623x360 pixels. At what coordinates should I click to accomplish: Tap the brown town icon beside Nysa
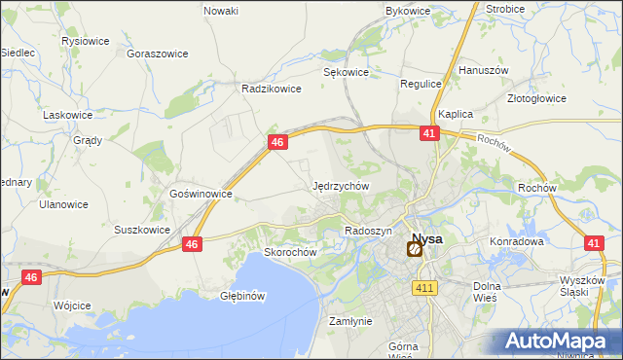[x=414, y=250]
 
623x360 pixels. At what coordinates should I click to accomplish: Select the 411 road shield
[x=424, y=288]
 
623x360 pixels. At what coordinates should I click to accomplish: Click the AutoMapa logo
[x=559, y=342]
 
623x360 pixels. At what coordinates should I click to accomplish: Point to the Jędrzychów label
[x=341, y=185]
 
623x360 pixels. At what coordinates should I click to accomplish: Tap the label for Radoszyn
[x=368, y=231]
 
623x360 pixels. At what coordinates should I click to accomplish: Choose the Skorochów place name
[x=291, y=251]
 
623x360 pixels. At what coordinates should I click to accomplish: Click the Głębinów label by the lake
[x=243, y=295]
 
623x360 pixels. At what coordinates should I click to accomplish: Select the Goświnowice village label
[x=201, y=194]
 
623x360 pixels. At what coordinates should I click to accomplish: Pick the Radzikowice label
[x=272, y=88]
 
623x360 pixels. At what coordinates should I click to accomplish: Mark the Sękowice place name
[x=346, y=72]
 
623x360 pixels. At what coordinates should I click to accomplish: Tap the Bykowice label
[x=408, y=11]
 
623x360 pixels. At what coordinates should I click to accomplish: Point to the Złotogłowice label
[x=566, y=98]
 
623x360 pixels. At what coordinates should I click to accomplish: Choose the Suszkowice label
[x=142, y=231]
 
